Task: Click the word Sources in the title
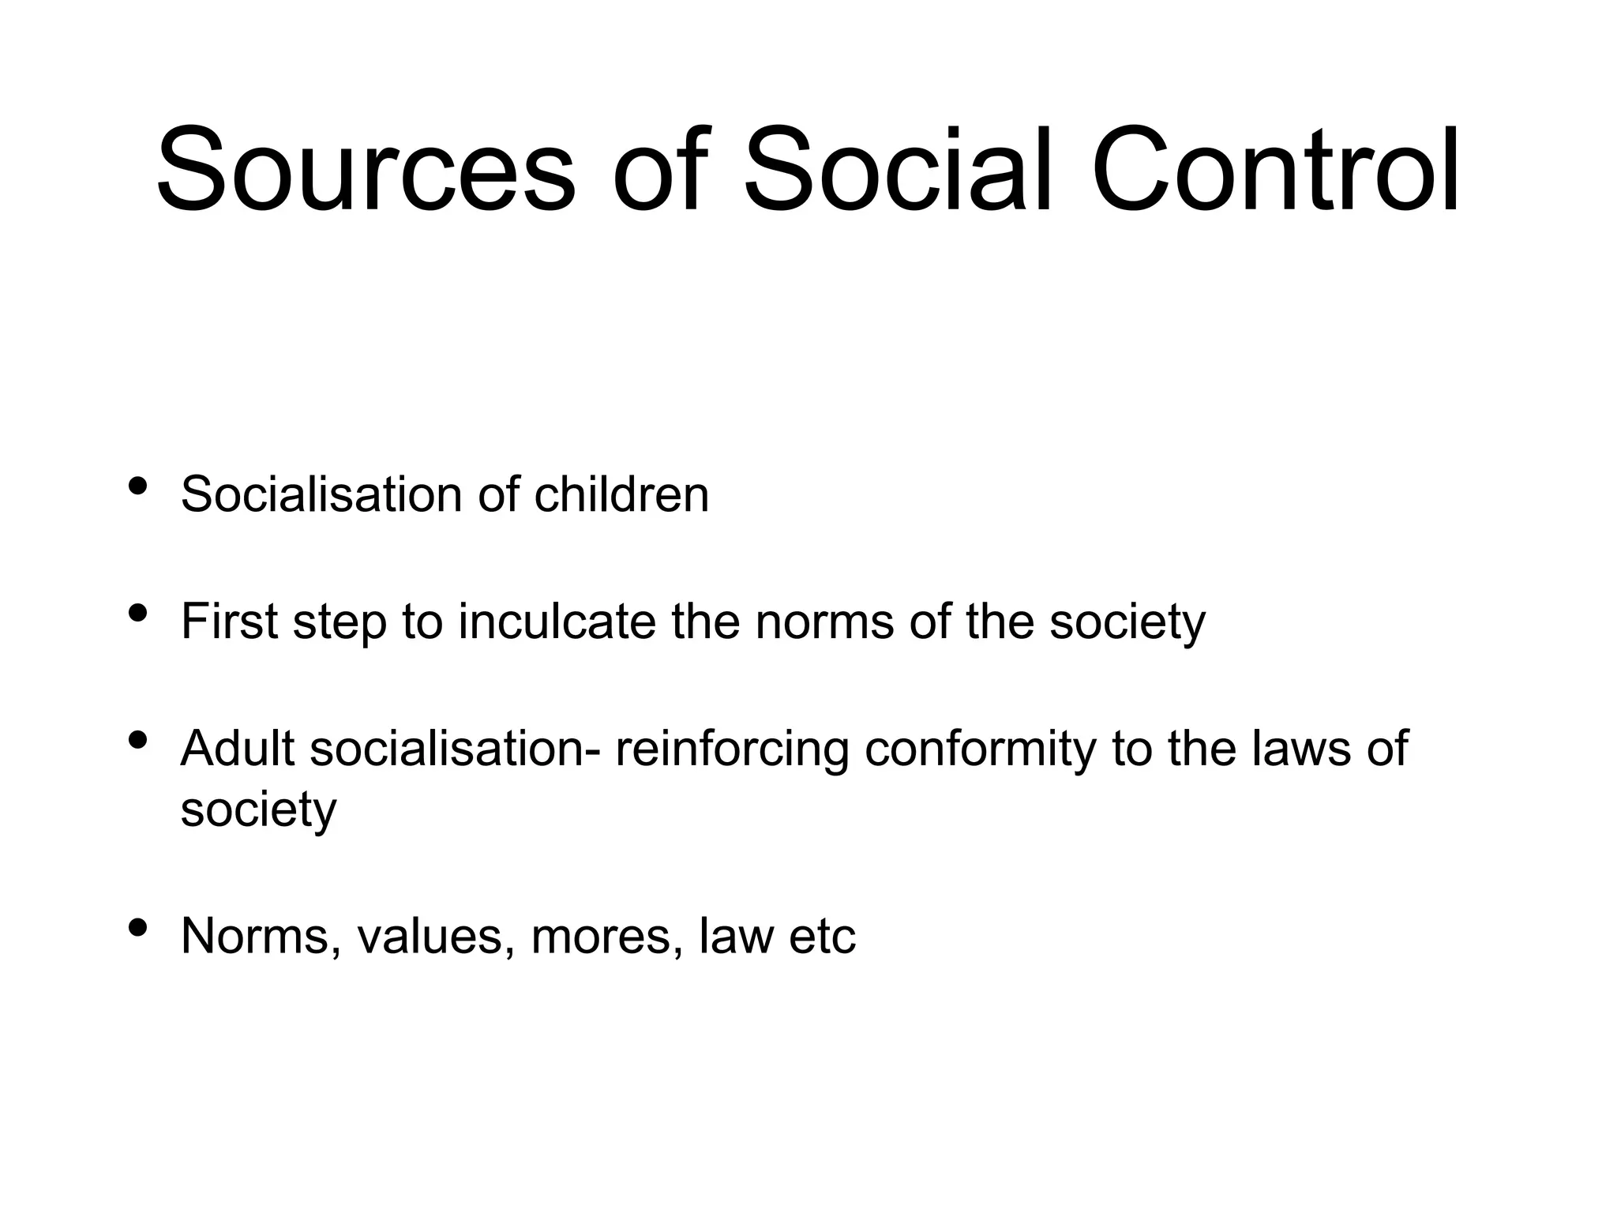366,171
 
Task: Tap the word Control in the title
1276,171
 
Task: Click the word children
621,495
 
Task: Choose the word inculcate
557,622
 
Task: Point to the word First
229,622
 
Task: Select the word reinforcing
731,750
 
